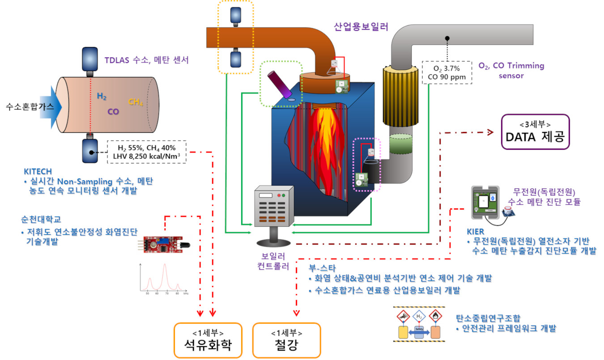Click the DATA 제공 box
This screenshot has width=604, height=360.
click(535, 132)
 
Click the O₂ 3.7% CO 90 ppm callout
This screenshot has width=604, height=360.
click(447, 73)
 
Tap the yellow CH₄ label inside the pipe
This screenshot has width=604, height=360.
click(136, 102)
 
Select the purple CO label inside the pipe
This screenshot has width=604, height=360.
click(113, 111)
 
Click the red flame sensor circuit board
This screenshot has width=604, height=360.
click(159, 244)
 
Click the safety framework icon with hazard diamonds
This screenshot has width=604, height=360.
click(419, 325)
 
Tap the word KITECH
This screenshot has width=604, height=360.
click(38, 171)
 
